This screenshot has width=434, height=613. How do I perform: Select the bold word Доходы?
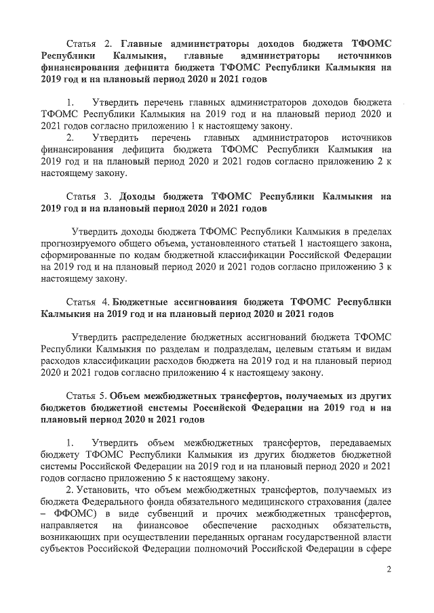coord(143,197)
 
